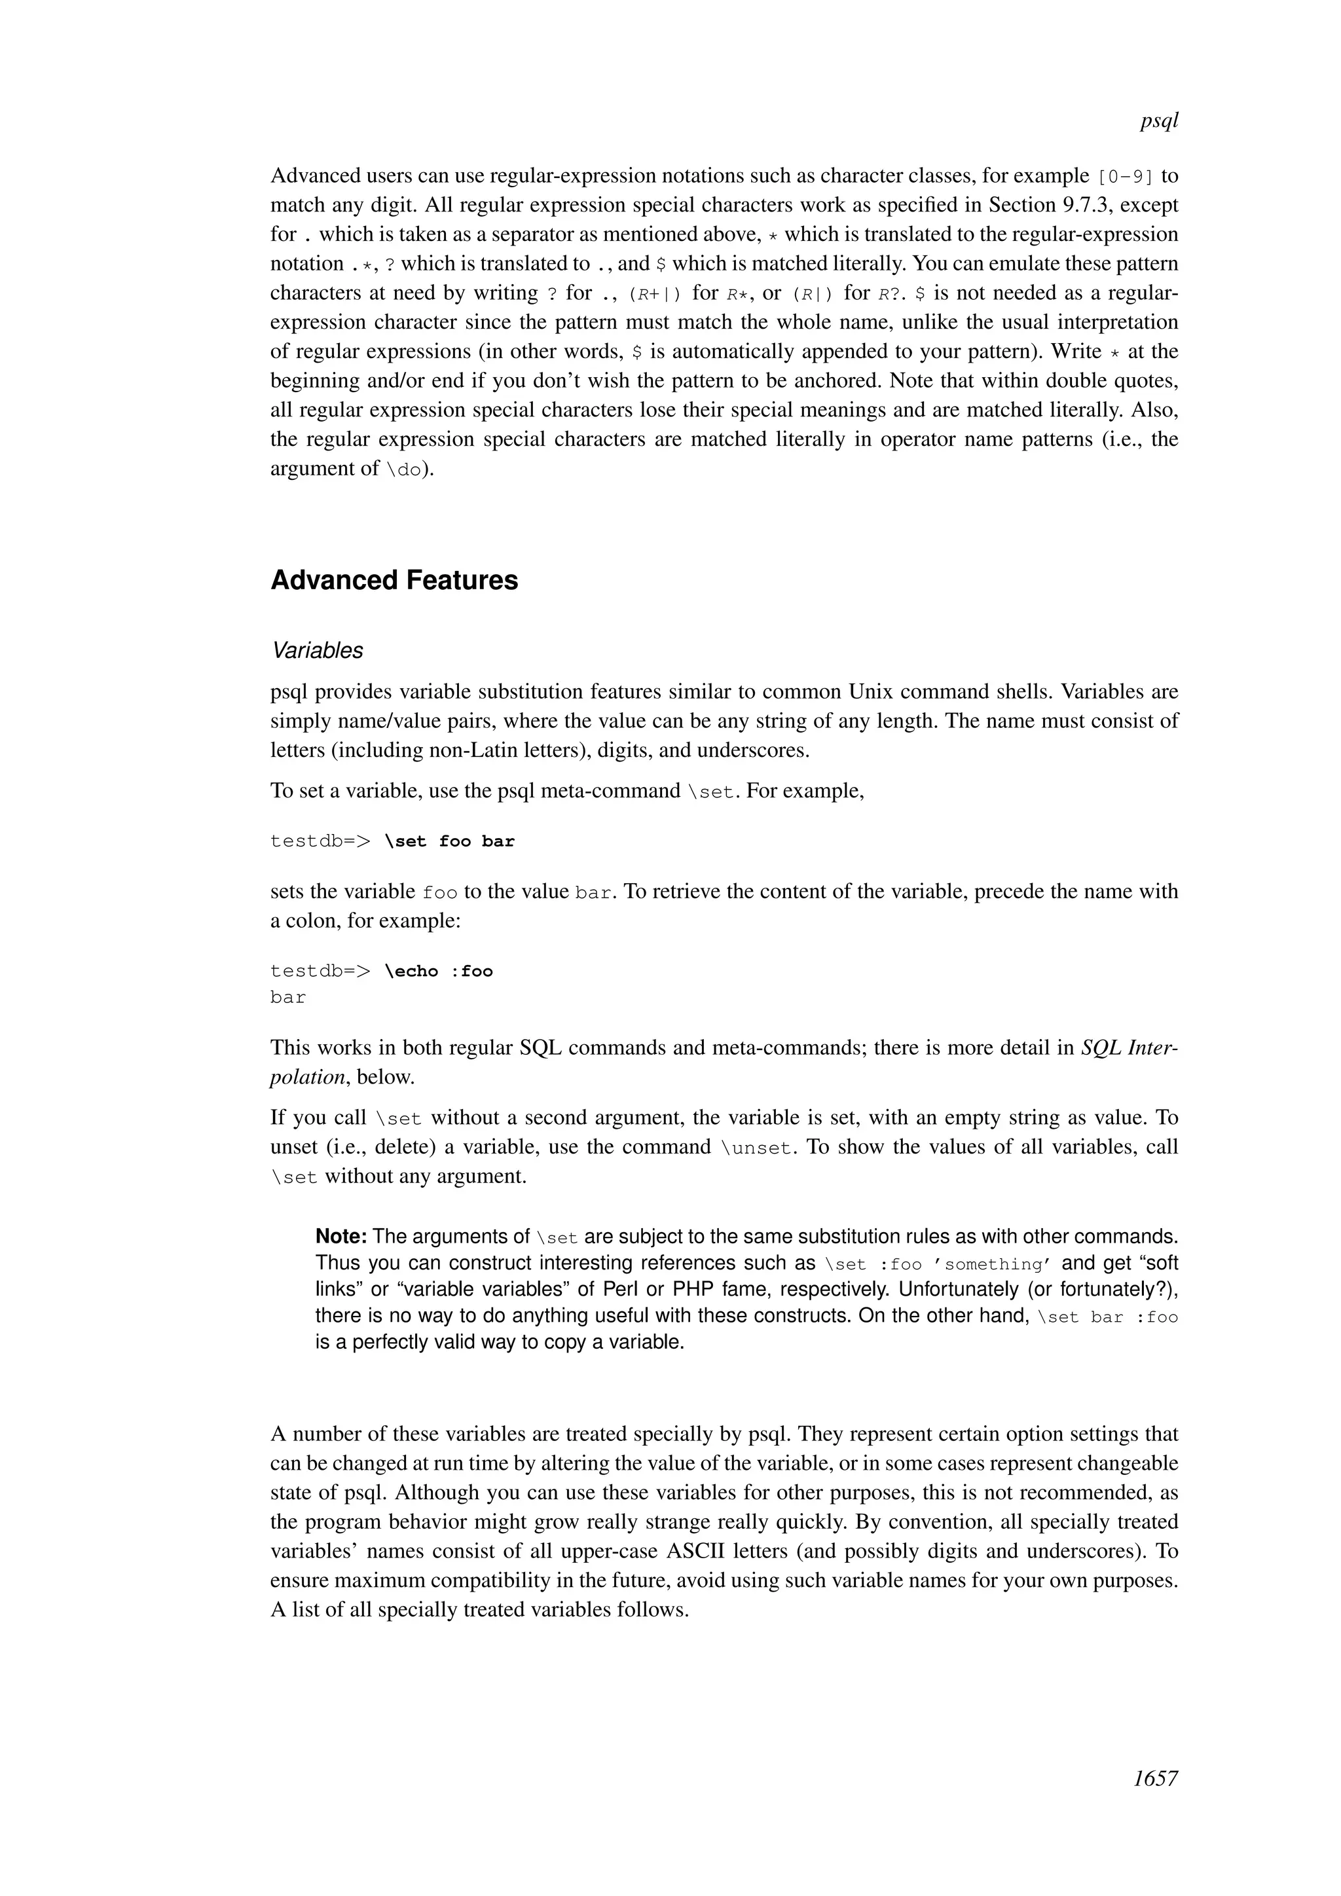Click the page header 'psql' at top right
coord(1158,121)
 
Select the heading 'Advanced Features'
coord(394,581)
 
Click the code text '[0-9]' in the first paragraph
coord(1126,177)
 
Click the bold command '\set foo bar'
coord(449,841)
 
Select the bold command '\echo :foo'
coord(439,971)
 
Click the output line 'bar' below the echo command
coord(288,998)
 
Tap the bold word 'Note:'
coord(341,1237)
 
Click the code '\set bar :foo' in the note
coord(1107,1317)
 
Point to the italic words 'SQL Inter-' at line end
coord(1130,1048)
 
